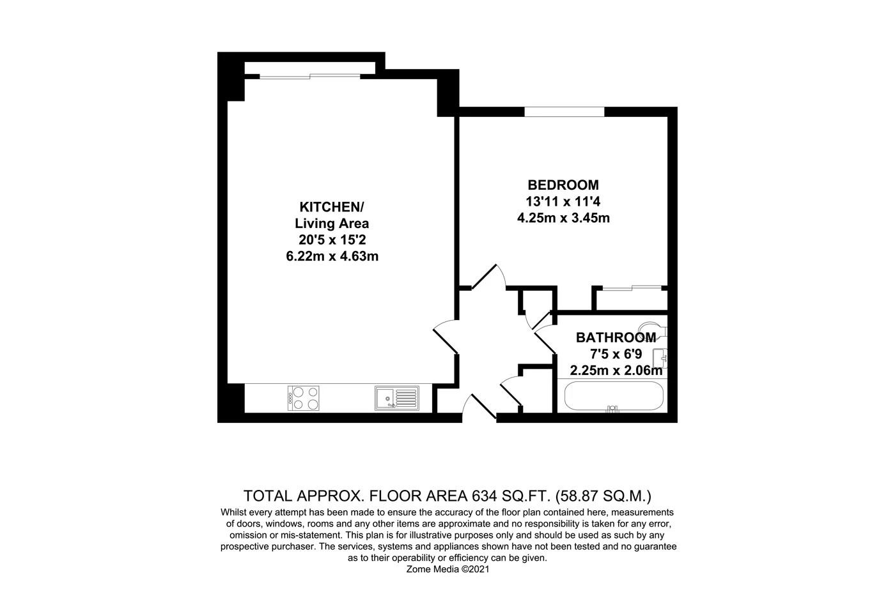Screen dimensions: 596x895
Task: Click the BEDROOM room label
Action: tap(563, 185)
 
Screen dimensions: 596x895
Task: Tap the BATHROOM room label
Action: tap(616, 337)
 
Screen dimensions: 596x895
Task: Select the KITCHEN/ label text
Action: tap(331, 207)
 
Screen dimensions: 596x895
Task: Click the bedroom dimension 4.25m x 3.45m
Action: tap(563, 218)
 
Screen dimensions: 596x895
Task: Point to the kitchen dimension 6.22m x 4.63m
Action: tap(331, 256)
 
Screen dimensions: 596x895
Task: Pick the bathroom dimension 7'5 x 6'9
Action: tap(616, 354)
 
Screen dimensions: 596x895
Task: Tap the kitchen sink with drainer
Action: tap(396, 397)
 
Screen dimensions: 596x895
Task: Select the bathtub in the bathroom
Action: tap(612, 396)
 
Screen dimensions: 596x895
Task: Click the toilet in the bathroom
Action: tap(653, 329)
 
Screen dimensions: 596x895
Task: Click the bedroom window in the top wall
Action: tap(564, 112)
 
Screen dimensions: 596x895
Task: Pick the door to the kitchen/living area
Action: tap(446, 339)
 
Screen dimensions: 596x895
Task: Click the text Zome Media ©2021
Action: tap(447, 569)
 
